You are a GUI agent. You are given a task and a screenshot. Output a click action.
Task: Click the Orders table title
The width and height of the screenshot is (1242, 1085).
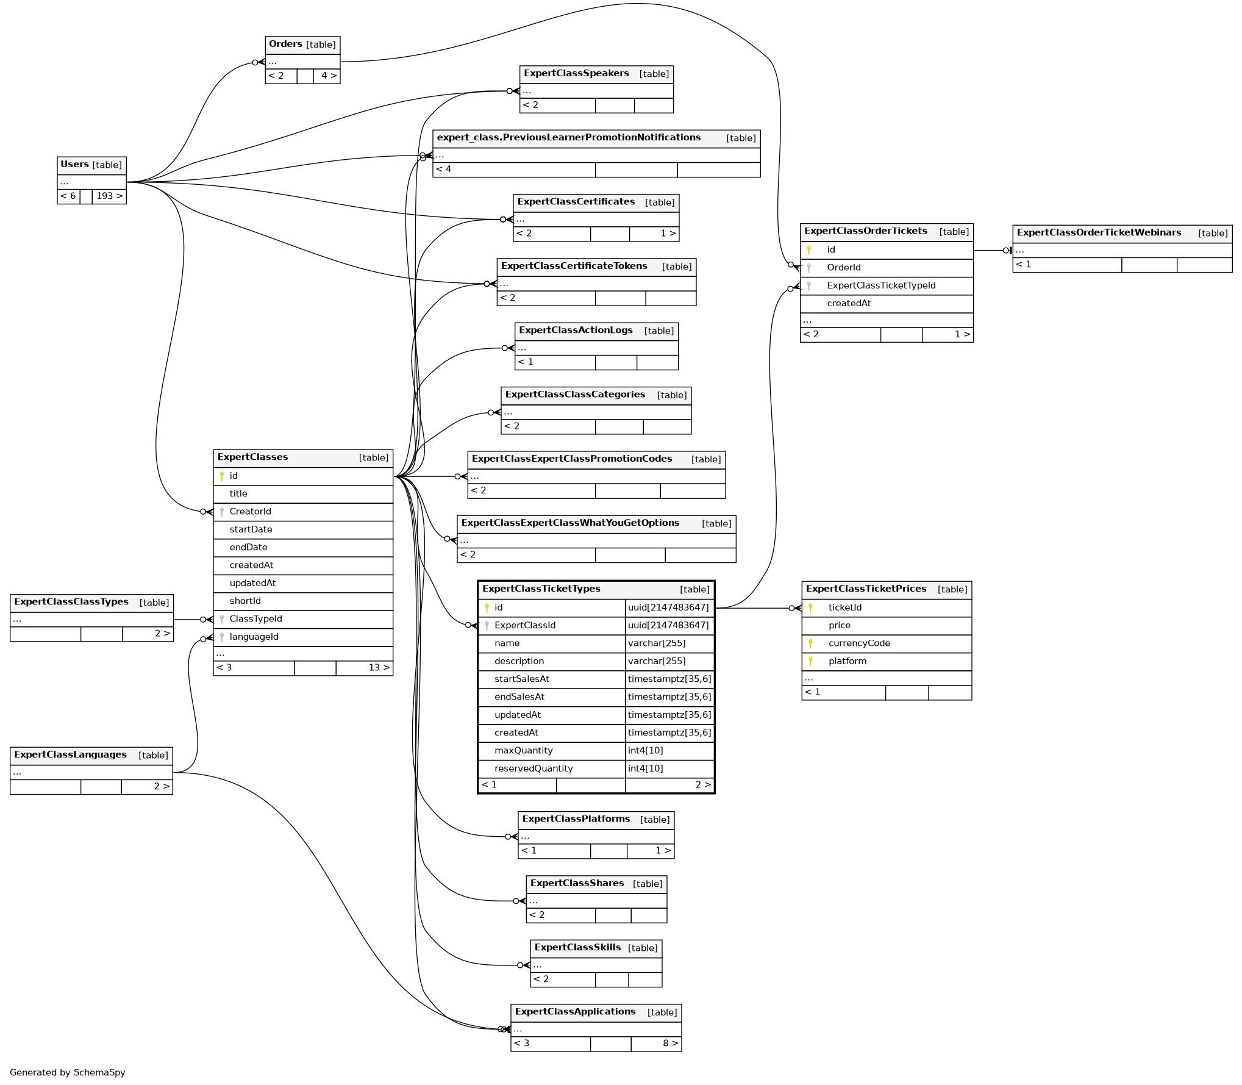285,45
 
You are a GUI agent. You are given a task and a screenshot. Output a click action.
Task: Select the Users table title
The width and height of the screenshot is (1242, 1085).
75,165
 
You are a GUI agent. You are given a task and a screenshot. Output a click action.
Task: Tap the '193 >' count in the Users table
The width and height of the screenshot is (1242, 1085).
109,196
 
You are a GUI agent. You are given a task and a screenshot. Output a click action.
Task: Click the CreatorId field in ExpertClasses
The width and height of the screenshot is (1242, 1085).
250,512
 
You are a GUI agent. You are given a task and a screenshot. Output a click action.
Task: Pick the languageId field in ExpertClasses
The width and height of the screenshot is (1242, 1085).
254,637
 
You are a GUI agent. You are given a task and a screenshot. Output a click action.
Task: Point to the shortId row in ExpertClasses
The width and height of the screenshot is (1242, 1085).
245,601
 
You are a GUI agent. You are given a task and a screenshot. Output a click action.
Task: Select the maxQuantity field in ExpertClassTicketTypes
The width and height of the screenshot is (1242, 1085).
523,751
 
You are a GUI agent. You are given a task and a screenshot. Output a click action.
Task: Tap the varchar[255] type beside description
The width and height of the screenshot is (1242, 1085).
657,661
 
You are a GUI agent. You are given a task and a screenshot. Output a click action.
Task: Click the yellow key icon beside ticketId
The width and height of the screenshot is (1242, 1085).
810,608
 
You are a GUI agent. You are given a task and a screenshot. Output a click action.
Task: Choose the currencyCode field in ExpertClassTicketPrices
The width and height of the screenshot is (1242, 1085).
858,643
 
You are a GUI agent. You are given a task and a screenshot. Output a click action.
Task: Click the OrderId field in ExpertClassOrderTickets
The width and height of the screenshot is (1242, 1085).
843,268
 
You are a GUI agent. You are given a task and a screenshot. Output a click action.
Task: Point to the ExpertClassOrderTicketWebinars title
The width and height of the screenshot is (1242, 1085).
1099,233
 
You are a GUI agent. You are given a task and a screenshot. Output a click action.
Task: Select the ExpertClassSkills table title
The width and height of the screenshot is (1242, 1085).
577,948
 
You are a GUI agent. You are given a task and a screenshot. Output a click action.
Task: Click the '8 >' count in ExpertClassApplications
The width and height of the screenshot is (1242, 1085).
670,1044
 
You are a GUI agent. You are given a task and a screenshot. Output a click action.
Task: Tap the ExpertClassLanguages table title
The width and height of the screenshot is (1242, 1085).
70,755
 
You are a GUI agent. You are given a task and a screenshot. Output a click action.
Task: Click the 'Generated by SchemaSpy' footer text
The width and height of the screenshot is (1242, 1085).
67,1073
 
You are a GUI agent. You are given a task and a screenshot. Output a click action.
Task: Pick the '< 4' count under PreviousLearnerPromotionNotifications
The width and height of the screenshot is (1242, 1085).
443,170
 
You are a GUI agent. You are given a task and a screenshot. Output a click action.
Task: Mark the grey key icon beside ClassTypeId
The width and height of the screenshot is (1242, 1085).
222,620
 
